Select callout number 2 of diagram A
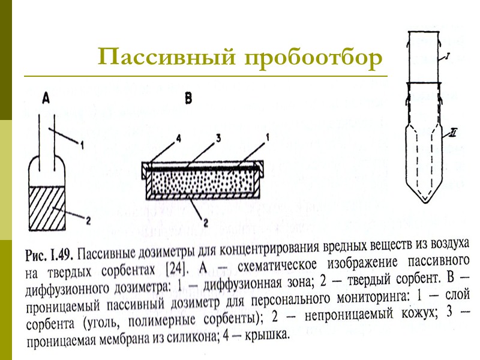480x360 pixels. pyautogui.click(x=88, y=221)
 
